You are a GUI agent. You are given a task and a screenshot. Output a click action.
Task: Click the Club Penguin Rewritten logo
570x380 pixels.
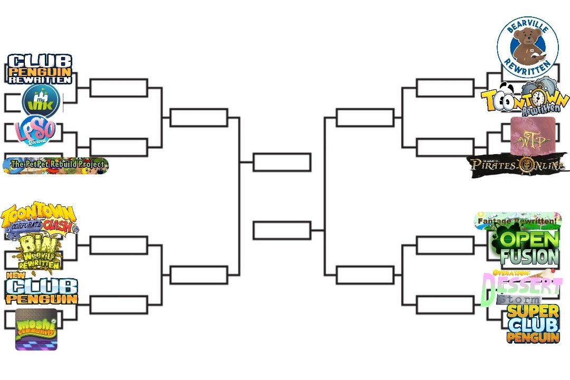pos(40,69)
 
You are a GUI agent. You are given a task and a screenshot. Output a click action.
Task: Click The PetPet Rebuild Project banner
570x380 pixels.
pos(56,165)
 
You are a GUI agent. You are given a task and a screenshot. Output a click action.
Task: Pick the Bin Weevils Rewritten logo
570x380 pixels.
pos(40,252)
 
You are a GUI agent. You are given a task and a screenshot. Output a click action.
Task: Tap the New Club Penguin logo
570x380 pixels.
pos(42,289)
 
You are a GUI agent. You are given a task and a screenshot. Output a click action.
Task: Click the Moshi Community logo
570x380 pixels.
pos(36,329)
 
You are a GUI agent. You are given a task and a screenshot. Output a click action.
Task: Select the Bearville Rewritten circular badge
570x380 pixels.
pos(527,46)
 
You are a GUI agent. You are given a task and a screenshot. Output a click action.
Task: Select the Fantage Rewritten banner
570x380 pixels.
pos(517,221)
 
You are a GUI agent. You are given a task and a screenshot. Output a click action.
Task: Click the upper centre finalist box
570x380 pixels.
pos(282,162)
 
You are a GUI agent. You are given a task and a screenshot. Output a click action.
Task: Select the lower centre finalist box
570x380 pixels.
pos(282,231)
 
